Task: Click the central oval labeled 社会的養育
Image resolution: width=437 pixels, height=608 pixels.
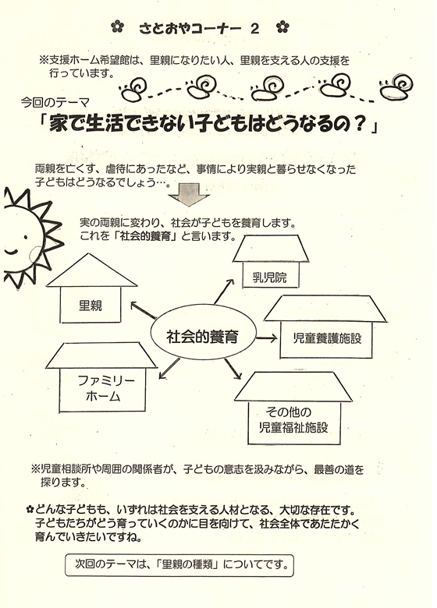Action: pos(204,337)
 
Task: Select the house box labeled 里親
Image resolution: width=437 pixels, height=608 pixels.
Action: pos(91,305)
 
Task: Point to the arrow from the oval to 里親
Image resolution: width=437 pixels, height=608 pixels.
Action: pos(144,310)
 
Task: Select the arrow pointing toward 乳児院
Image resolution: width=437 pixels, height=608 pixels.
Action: pos(224,292)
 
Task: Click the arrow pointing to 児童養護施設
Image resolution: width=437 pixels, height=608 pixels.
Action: pos(267,338)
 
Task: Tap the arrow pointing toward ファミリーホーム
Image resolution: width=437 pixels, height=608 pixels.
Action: pos(169,369)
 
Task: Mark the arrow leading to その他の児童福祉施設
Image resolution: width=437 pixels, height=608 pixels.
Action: pos(233,369)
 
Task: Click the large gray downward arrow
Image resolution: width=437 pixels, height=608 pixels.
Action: pos(189,195)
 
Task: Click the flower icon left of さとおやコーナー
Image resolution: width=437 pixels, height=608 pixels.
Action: pos(117,27)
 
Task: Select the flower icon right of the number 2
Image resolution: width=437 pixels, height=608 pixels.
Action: pos(283,27)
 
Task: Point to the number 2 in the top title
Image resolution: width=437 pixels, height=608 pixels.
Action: pos(254,28)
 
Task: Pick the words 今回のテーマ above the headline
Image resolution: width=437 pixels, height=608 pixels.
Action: pos(55,102)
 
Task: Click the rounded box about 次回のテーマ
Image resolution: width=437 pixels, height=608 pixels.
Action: pos(179,564)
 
